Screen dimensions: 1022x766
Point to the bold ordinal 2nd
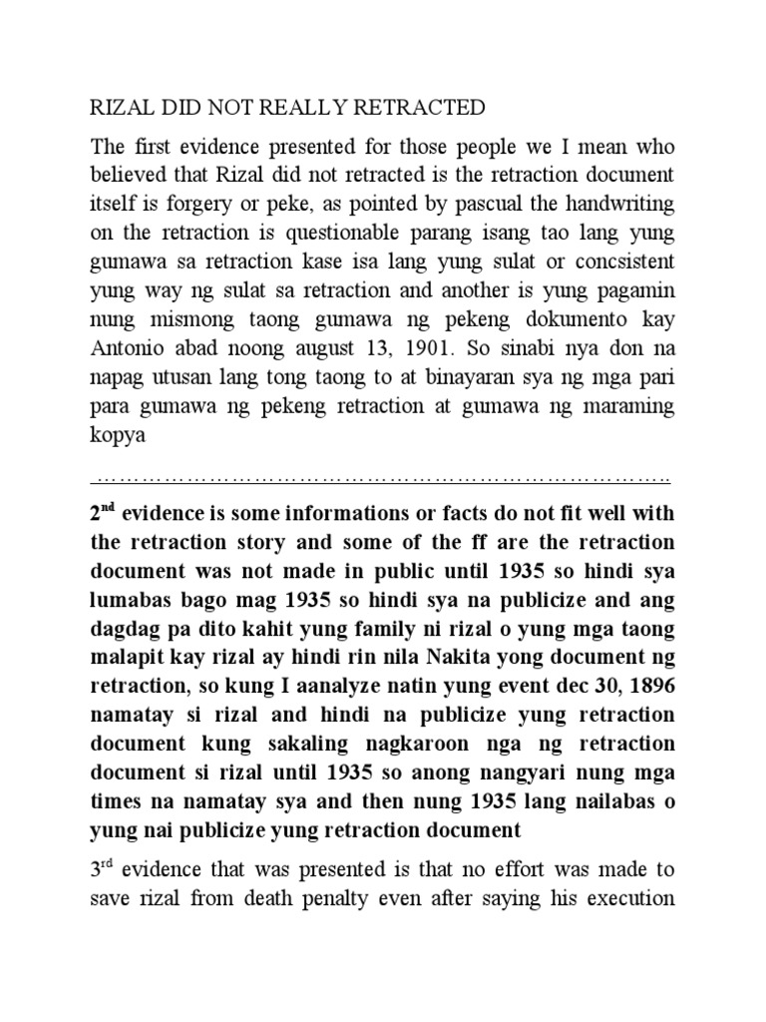coord(103,514)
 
